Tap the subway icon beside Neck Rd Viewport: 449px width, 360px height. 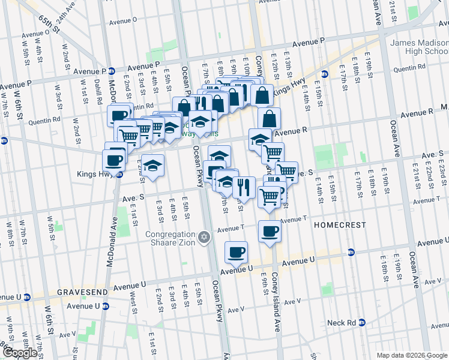pos(362,323)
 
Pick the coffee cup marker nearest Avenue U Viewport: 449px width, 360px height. pos(237,252)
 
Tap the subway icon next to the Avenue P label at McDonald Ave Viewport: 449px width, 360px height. pos(111,70)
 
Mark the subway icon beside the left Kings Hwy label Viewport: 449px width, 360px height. pos(119,175)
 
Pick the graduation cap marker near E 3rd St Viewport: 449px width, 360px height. pos(153,165)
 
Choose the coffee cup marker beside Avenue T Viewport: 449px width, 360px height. pos(270,231)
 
